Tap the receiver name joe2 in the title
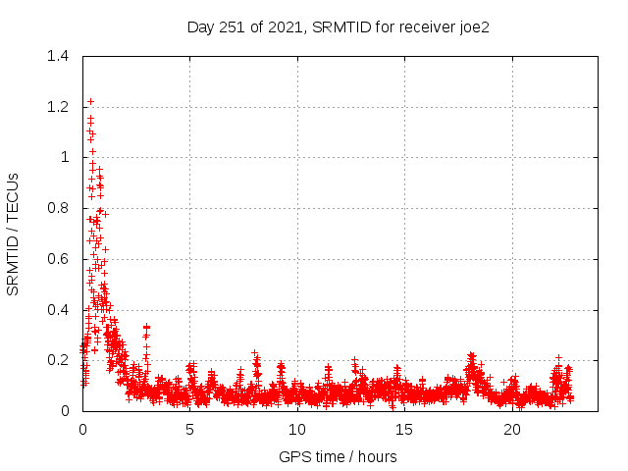(471, 26)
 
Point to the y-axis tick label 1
(65, 157)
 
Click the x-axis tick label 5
(190, 430)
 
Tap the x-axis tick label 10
(297, 430)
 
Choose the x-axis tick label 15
(404, 430)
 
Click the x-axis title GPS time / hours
(339, 456)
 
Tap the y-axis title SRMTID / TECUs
(14, 234)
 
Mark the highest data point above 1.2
(90, 101)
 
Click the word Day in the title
(200, 26)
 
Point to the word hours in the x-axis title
(378, 456)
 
